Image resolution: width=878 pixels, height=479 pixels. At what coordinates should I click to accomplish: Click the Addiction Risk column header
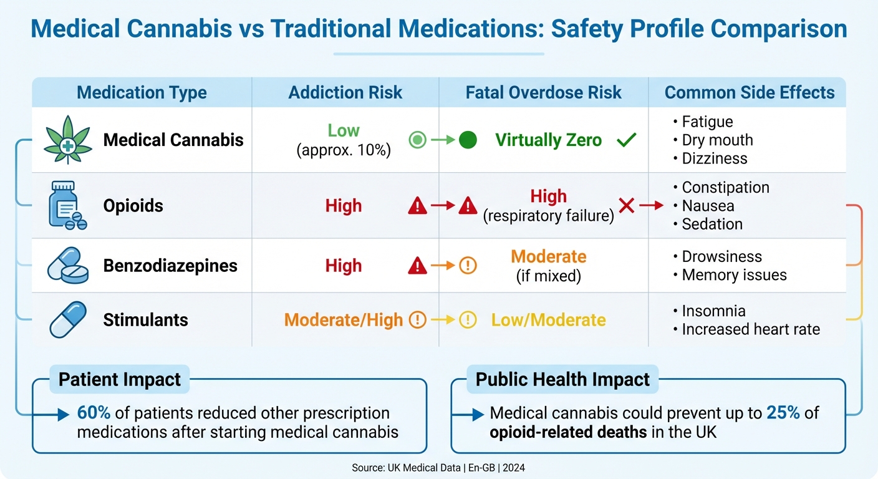(x=345, y=93)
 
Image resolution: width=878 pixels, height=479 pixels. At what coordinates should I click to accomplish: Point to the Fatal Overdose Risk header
(x=543, y=93)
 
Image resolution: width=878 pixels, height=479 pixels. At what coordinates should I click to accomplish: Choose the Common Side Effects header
(x=749, y=93)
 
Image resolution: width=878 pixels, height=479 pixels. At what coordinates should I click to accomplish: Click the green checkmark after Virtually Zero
(x=626, y=140)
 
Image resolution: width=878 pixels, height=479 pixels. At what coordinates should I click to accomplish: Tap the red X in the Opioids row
(x=627, y=205)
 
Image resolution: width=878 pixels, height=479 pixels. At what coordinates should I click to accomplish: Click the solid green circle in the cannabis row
(x=468, y=140)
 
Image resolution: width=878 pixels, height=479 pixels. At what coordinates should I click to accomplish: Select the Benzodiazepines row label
(x=170, y=266)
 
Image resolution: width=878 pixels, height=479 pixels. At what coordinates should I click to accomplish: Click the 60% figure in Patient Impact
(x=94, y=413)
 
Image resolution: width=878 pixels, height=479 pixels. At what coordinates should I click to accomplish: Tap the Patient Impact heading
(x=119, y=380)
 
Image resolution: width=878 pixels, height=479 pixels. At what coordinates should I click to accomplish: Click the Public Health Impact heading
(x=562, y=380)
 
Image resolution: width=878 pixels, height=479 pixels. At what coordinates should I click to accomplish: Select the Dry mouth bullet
(x=717, y=140)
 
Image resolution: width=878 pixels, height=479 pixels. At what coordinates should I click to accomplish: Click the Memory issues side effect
(x=734, y=275)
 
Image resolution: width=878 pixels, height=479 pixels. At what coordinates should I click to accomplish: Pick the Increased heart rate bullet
(x=750, y=329)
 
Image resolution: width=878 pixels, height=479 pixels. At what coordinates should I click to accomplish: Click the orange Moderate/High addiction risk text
(x=344, y=321)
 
